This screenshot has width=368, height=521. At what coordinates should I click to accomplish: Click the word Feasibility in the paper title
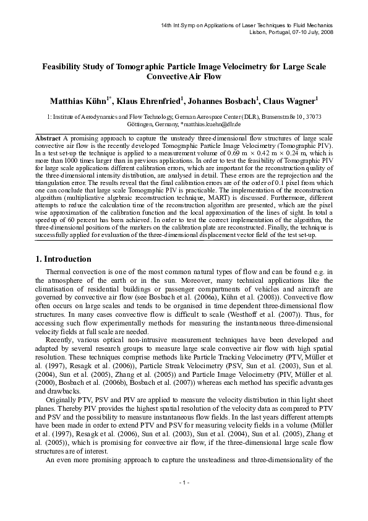[62, 66]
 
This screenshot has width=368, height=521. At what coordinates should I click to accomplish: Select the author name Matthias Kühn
[78, 100]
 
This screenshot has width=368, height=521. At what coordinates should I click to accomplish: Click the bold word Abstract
[48, 136]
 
